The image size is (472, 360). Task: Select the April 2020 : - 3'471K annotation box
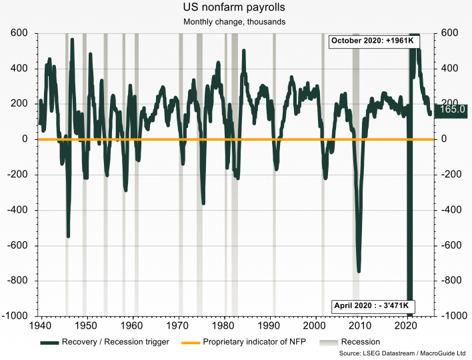pyautogui.click(x=375, y=307)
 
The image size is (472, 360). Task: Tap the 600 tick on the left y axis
pyautogui.click(x=19, y=33)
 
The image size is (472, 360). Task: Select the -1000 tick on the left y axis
pyautogui.click(x=15, y=316)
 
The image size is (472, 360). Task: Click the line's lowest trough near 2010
pyautogui.click(x=359, y=271)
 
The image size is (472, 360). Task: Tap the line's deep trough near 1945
pyautogui.click(x=68, y=235)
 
